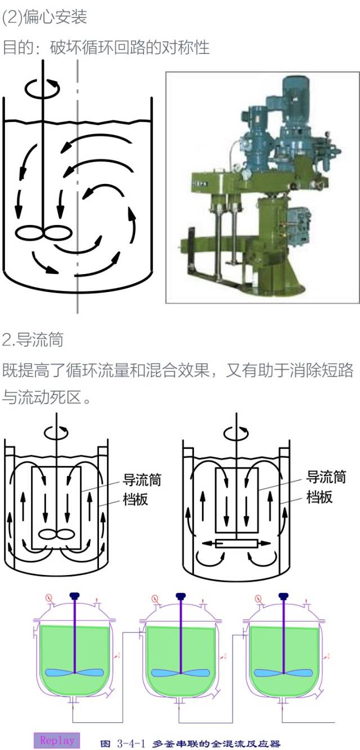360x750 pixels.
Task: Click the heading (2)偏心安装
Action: (44, 17)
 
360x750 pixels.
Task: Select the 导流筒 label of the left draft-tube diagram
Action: (142, 480)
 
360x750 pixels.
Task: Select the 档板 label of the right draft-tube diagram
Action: (319, 497)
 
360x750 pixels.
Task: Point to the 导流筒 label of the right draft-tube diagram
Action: (326, 478)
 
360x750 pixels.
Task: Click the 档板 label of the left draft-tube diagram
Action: (135, 498)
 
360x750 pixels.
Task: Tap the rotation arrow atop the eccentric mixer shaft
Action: (42, 88)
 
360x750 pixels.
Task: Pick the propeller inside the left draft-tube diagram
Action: (57, 535)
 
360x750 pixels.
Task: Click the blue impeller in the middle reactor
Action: (180, 672)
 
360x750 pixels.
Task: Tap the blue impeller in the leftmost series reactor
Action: (74, 672)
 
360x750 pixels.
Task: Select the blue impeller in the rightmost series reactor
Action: (283, 672)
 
